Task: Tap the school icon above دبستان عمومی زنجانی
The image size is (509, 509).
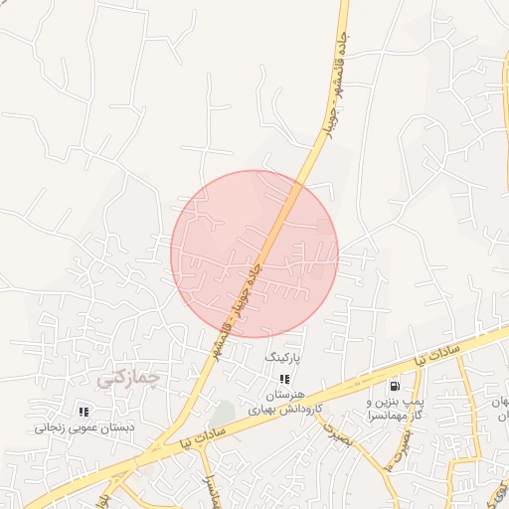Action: pyautogui.click(x=84, y=411)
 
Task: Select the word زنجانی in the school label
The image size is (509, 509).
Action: pyautogui.click(x=51, y=428)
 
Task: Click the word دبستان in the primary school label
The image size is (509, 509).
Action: pyautogui.click(x=121, y=428)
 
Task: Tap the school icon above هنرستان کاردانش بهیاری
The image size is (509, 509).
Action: pyautogui.click(x=284, y=379)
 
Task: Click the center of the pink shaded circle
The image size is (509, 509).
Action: pyautogui.click(x=254, y=254)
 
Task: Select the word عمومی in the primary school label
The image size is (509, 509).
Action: pyautogui.click(x=85, y=428)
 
